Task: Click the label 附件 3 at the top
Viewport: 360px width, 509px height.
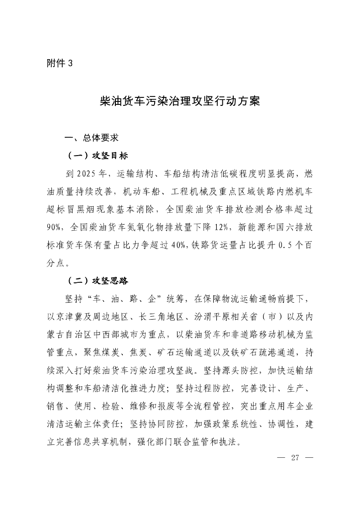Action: click(59, 63)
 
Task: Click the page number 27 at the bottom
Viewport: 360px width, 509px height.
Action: click(294, 458)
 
